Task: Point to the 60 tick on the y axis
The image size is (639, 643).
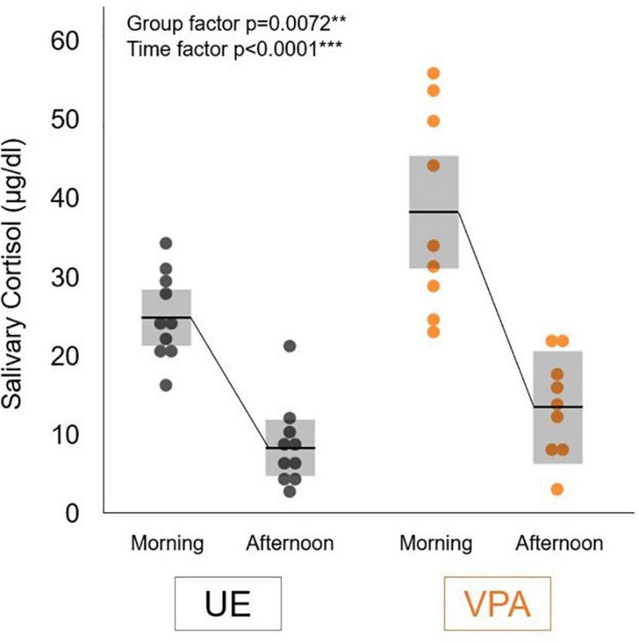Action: (x=68, y=41)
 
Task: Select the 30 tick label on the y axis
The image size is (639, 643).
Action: (x=68, y=277)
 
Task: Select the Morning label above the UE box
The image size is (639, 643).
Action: (x=167, y=542)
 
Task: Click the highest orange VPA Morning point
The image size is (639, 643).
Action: (x=433, y=73)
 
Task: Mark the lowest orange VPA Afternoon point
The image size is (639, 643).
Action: (x=557, y=489)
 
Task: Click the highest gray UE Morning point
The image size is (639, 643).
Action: (x=166, y=243)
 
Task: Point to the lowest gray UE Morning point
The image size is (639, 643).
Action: (x=166, y=385)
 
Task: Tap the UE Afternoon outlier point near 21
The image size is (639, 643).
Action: (x=290, y=346)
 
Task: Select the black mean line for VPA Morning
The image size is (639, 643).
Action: (x=433, y=212)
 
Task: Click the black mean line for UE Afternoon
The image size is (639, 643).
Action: (x=290, y=448)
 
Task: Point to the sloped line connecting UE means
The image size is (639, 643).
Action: (x=229, y=382)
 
